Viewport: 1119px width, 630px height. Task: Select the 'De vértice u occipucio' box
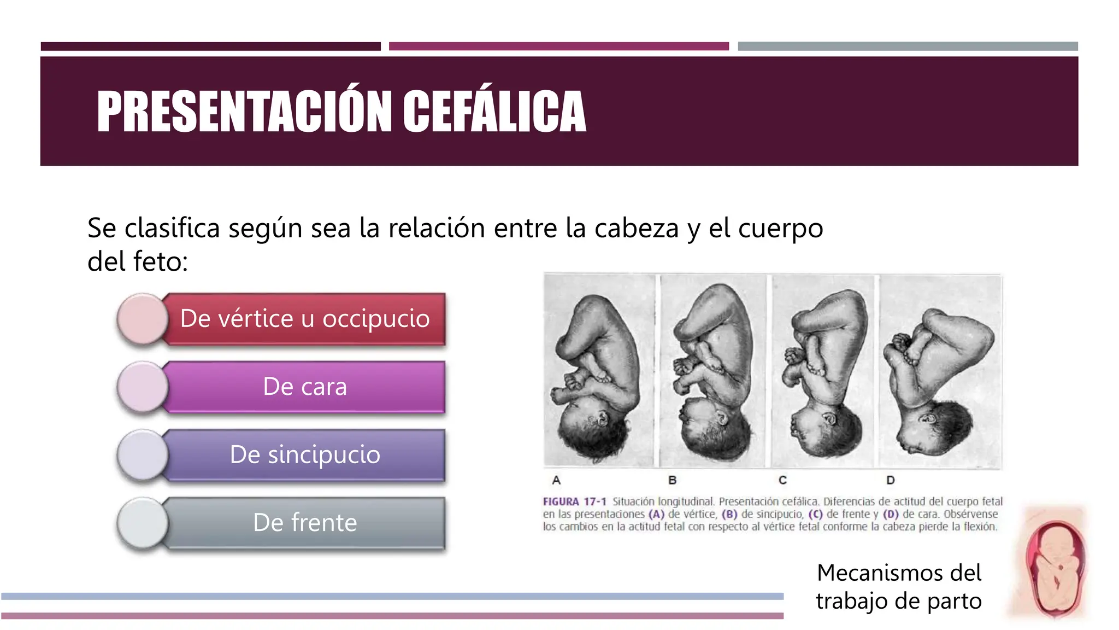[305, 319]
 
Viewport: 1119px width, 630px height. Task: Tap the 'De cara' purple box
[305, 387]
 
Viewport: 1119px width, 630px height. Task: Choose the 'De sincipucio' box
[305, 454]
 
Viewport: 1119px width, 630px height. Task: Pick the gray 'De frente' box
[305, 523]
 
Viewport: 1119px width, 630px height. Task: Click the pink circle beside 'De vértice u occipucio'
[143, 319]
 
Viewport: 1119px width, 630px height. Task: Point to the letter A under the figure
[556, 480]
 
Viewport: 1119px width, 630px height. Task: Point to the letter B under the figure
[673, 480]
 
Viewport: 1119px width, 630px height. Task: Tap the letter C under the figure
[782, 480]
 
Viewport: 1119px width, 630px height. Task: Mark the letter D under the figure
[891, 480]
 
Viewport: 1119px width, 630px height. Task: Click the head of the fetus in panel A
[593, 429]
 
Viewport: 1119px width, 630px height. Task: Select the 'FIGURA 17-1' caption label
[574, 501]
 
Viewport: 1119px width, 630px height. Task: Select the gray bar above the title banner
[908, 46]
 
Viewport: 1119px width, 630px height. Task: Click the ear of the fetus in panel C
[830, 420]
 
